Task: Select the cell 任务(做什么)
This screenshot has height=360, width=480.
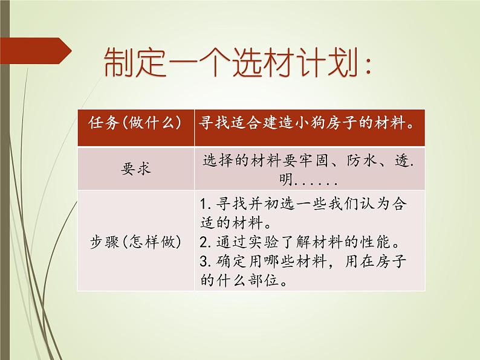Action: [135, 126]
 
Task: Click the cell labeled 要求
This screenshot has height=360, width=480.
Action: [135, 169]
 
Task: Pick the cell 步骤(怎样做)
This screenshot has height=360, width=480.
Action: [135, 241]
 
